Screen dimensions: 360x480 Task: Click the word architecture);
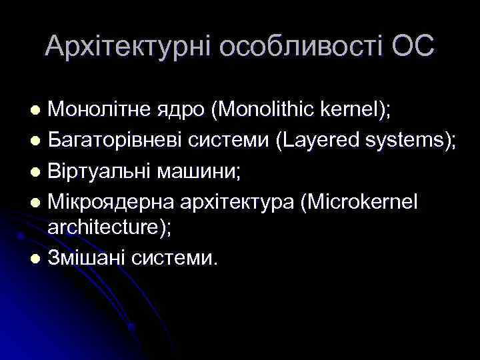[109, 227]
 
